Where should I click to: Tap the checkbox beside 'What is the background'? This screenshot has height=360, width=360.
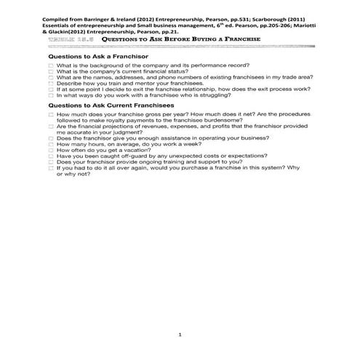coord(51,65)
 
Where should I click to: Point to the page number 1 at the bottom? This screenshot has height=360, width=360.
coord(180,334)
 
